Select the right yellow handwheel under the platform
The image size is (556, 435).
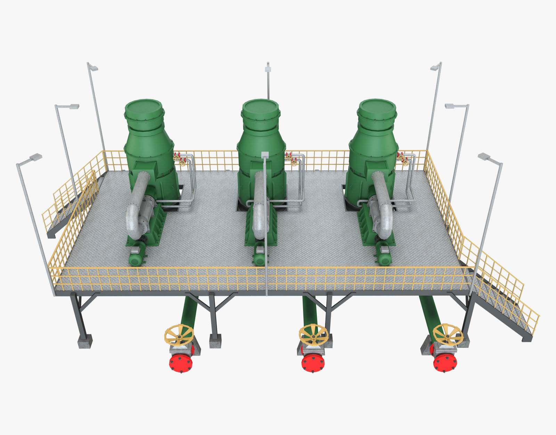(x=448, y=334)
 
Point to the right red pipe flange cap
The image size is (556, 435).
(x=445, y=362)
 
